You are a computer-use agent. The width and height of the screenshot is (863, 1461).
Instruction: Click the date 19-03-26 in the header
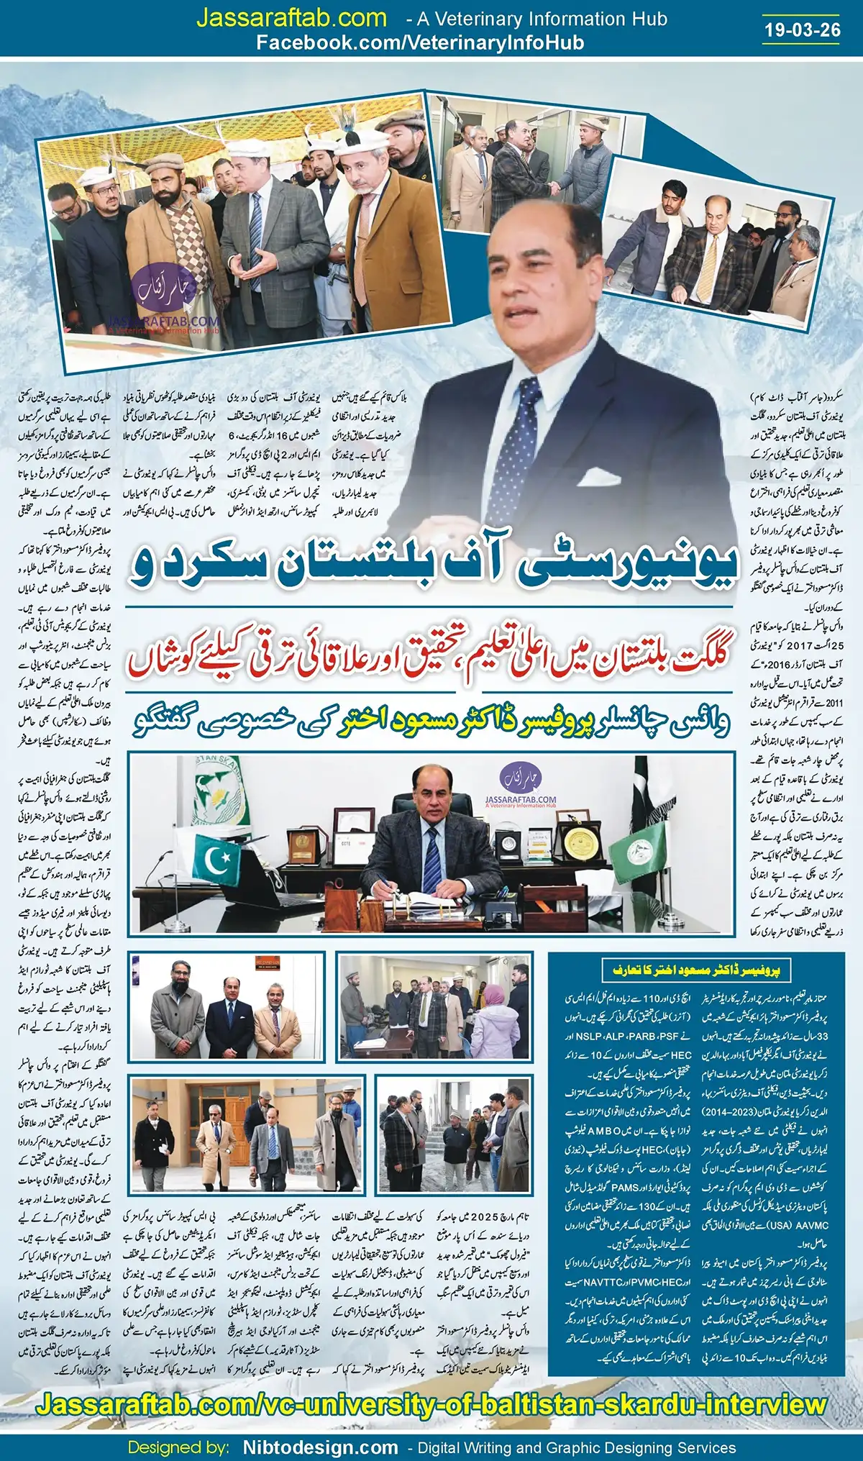point(803,29)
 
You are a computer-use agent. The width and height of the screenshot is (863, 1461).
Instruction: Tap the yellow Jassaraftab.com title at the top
point(291,18)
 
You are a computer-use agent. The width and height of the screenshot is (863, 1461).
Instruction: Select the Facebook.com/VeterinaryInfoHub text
point(420,42)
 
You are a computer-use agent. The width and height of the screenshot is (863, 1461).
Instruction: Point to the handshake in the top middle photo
point(554,188)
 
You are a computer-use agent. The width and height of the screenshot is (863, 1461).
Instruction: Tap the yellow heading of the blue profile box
point(696,970)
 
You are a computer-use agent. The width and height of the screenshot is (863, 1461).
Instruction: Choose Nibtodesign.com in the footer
point(320,1447)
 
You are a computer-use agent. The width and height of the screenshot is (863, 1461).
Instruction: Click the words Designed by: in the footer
point(179,1447)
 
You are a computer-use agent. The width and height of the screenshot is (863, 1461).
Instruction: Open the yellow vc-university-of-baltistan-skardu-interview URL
point(431,1404)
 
